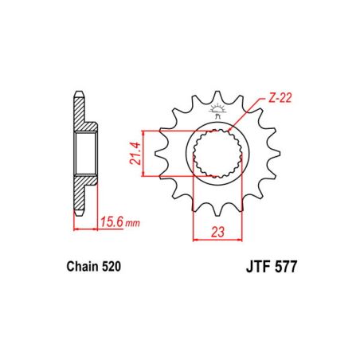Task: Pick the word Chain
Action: click(x=77, y=269)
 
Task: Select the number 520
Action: click(x=112, y=269)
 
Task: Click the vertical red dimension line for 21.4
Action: click(x=144, y=153)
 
